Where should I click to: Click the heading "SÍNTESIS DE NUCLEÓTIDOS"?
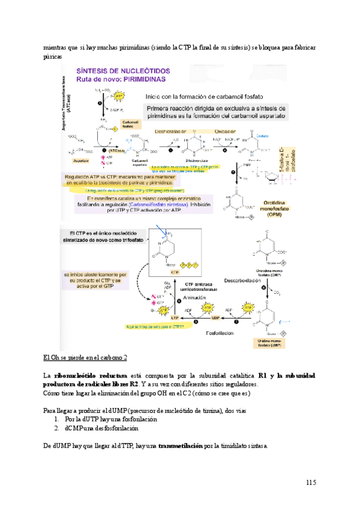tap(122, 70)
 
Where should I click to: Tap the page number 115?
tap(310, 483)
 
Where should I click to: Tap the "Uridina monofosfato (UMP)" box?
tap(272, 343)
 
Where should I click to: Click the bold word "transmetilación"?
tap(176, 446)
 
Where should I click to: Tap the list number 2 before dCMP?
tap(56, 429)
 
